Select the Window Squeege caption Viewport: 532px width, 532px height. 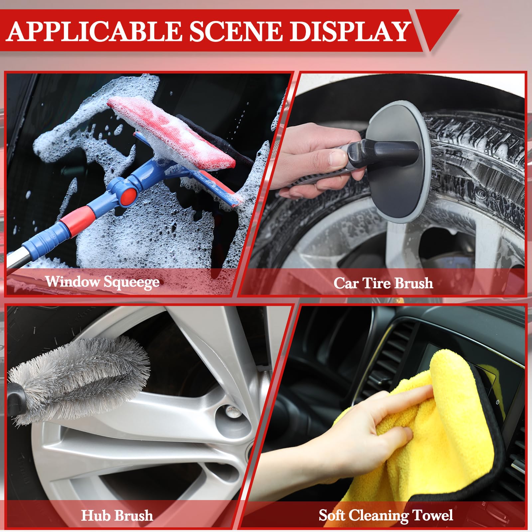point(102,282)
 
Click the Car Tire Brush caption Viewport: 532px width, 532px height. point(383,283)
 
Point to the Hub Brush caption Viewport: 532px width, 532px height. point(117,515)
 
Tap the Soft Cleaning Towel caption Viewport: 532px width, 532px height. point(386,515)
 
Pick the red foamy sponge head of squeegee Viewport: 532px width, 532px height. point(173,133)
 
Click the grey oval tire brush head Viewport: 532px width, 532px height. point(399,166)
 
